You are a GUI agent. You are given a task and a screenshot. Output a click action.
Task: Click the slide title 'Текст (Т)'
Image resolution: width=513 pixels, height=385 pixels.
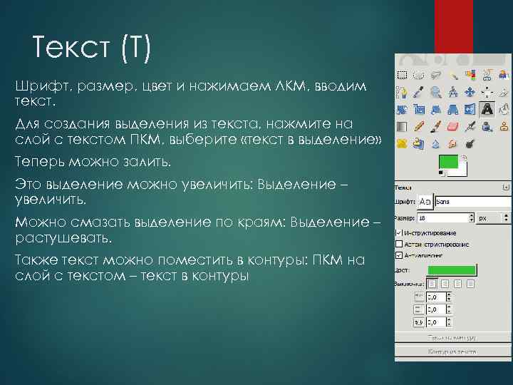[91, 49]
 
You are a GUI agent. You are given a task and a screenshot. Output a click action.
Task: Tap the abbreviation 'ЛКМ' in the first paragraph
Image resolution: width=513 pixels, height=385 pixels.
[291, 86]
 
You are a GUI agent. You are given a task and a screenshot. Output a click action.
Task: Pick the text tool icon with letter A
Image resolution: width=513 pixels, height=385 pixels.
[487, 109]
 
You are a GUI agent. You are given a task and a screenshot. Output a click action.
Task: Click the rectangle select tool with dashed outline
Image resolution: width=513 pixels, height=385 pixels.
[402, 74]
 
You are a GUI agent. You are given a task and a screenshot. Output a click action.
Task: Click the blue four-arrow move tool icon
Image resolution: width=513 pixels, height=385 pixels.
[470, 92]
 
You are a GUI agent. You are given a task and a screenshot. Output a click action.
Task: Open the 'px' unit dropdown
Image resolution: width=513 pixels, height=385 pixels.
[492, 218]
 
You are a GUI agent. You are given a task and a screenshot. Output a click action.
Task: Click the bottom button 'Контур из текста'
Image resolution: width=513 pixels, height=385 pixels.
[452, 351]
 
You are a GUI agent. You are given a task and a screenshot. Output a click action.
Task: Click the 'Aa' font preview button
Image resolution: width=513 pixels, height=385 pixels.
[425, 202]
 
